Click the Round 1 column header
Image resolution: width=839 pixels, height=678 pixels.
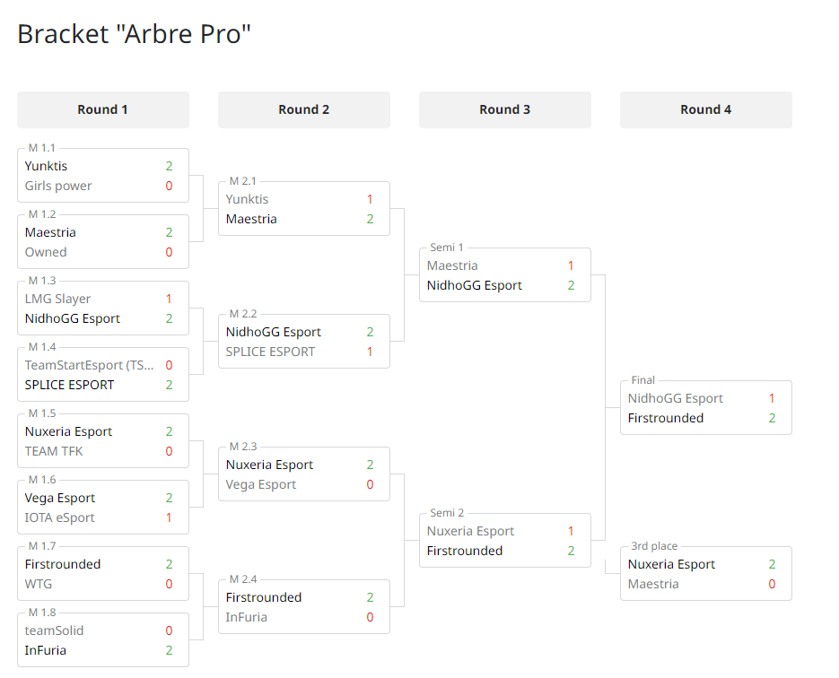(x=102, y=109)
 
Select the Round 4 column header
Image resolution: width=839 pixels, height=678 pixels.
(x=706, y=109)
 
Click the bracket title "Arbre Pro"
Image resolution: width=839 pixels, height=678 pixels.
(x=134, y=34)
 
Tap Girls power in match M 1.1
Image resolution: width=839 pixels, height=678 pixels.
(x=58, y=186)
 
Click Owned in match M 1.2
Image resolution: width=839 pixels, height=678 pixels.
(x=46, y=252)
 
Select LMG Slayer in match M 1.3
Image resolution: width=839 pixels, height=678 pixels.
(x=57, y=299)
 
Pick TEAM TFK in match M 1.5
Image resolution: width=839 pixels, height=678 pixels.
(x=54, y=451)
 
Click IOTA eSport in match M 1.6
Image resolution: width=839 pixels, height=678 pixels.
(x=59, y=517)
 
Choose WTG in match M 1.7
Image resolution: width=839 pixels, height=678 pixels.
(x=39, y=584)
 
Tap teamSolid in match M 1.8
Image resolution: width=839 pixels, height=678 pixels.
(x=54, y=630)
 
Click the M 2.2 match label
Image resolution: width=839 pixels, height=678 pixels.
(x=243, y=314)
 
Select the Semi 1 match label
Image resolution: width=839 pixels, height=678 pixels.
(x=447, y=248)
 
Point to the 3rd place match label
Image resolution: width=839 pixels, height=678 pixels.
(x=654, y=546)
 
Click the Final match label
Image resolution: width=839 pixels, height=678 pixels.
(x=643, y=380)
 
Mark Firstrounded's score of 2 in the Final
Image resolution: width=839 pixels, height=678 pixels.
(x=772, y=418)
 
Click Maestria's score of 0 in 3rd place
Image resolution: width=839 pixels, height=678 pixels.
(x=772, y=584)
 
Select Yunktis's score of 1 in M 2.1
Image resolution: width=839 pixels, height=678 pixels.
(x=370, y=199)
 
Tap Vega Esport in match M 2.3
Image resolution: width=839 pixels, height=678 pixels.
(x=260, y=484)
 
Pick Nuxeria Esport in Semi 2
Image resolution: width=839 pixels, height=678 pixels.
(x=470, y=531)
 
